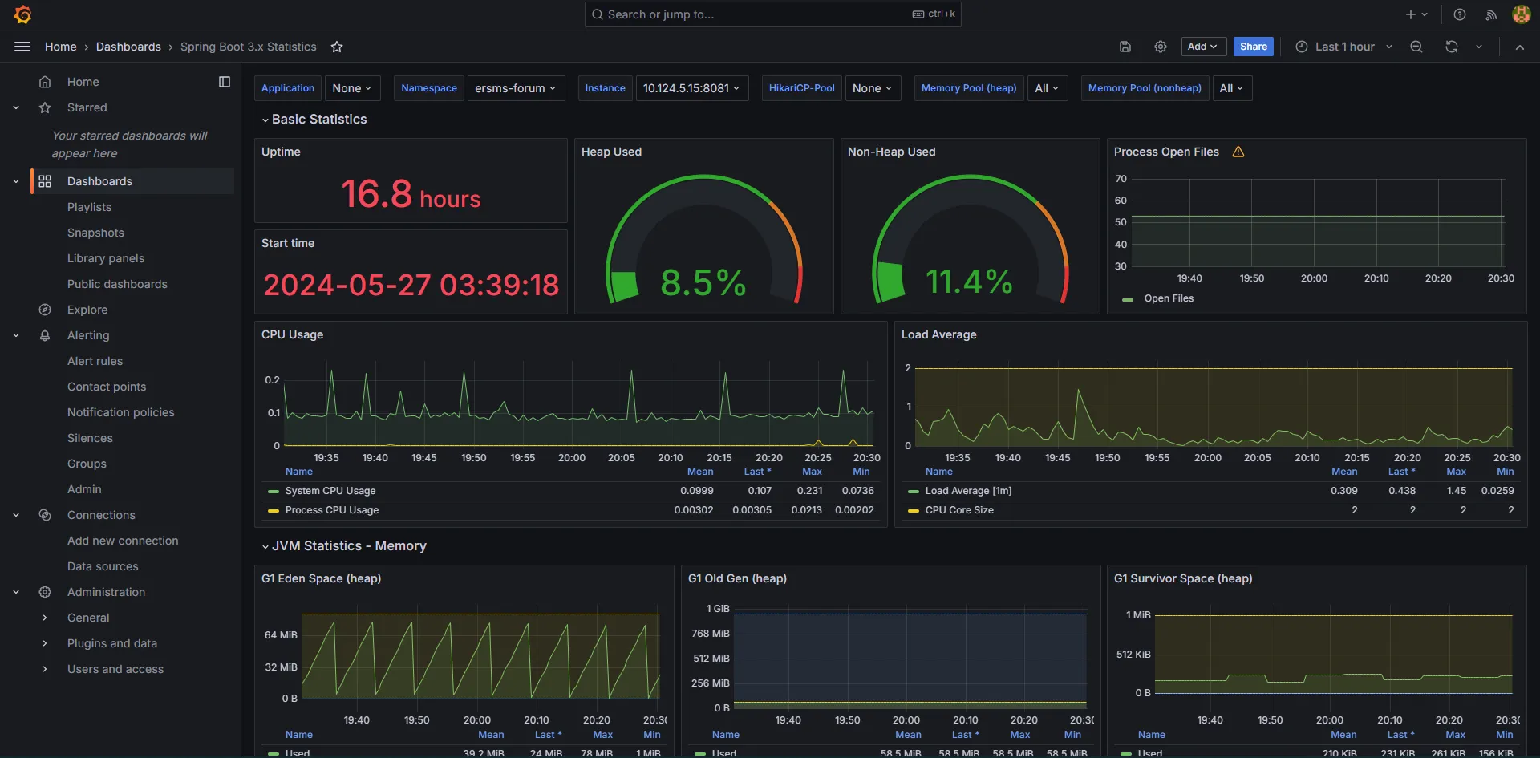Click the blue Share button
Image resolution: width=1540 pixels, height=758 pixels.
click(1253, 47)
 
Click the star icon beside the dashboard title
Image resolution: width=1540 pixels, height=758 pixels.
click(337, 47)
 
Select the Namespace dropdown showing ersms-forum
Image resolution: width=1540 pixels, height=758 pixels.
click(515, 88)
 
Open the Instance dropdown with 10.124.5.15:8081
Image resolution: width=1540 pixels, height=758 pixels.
click(691, 88)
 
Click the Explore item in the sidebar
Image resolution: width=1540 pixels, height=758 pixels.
click(87, 310)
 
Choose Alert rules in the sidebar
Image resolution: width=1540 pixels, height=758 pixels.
click(95, 361)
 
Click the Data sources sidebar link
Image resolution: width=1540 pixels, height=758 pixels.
click(103, 566)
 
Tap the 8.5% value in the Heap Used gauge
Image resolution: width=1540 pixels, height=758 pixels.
click(703, 282)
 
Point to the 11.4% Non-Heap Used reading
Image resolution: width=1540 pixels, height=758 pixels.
click(969, 282)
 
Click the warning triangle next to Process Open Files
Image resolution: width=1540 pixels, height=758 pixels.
click(1238, 152)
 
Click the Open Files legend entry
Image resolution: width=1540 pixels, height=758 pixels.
click(1168, 298)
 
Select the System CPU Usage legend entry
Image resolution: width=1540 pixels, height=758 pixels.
click(330, 491)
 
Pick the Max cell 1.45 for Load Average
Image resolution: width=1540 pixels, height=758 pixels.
click(1456, 491)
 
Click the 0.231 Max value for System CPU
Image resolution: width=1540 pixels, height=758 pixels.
click(809, 491)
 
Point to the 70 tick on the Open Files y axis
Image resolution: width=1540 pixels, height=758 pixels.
click(1121, 179)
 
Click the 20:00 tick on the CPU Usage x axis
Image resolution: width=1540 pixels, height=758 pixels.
click(572, 458)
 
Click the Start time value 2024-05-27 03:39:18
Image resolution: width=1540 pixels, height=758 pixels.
click(411, 285)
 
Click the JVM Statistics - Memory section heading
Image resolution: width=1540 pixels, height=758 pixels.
click(349, 545)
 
